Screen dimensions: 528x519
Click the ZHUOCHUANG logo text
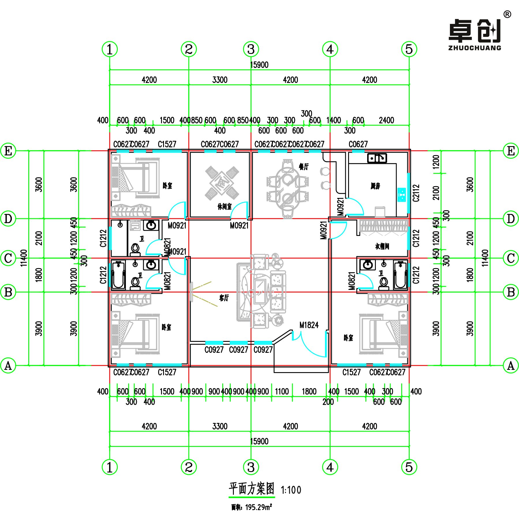tap(475, 48)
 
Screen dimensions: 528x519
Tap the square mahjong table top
tap(222, 183)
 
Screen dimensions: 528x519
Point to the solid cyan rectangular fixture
tap(402, 195)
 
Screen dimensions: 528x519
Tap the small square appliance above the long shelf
tap(380, 212)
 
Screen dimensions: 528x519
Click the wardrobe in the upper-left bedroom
tap(131, 211)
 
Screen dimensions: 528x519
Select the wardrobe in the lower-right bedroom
tap(388, 300)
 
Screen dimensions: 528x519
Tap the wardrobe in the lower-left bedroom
tap(131, 300)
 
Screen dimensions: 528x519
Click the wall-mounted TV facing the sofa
tap(191, 292)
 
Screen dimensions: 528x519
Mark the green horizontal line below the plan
tap(252, 497)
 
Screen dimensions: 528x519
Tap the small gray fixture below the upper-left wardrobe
tap(135, 225)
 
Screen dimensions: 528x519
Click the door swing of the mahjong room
tap(240, 210)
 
